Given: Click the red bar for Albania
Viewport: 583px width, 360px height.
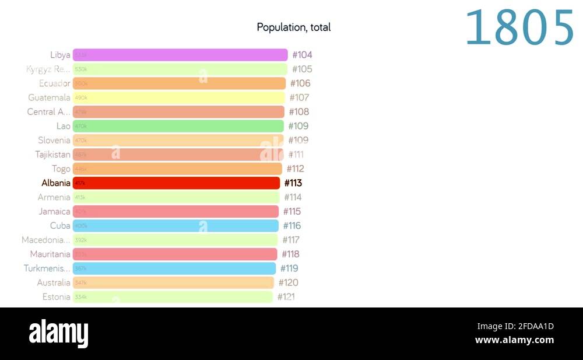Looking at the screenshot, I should (177, 183).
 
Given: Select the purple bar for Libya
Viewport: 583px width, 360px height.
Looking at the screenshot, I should (180, 55).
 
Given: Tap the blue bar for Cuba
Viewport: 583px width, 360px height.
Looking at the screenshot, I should (175, 226).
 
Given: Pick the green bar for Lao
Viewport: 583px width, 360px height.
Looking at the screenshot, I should (178, 126).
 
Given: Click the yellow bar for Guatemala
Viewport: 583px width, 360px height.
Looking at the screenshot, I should (178, 97).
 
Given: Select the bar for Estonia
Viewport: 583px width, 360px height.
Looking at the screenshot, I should (173, 297).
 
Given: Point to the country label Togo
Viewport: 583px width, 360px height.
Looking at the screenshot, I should (61, 169).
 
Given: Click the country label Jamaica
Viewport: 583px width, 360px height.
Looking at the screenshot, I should (54, 211).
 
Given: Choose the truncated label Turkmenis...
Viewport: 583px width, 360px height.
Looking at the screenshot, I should (47, 268).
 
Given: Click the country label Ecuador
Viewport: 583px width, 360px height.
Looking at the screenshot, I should (54, 83).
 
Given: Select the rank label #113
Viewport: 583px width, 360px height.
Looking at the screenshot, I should (293, 183).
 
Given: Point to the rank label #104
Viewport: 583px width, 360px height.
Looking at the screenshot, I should (302, 55).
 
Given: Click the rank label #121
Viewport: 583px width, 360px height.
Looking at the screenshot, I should (286, 297).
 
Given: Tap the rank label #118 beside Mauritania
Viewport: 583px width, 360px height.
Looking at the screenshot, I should (290, 254).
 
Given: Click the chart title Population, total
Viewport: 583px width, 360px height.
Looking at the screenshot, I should (293, 27).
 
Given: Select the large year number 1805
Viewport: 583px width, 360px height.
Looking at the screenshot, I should (519, 28).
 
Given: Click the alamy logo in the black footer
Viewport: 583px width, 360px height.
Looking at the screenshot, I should (58, 334).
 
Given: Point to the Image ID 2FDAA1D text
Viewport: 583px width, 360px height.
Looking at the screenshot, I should (515, 326).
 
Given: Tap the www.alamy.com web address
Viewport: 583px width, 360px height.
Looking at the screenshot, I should (514, 340).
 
